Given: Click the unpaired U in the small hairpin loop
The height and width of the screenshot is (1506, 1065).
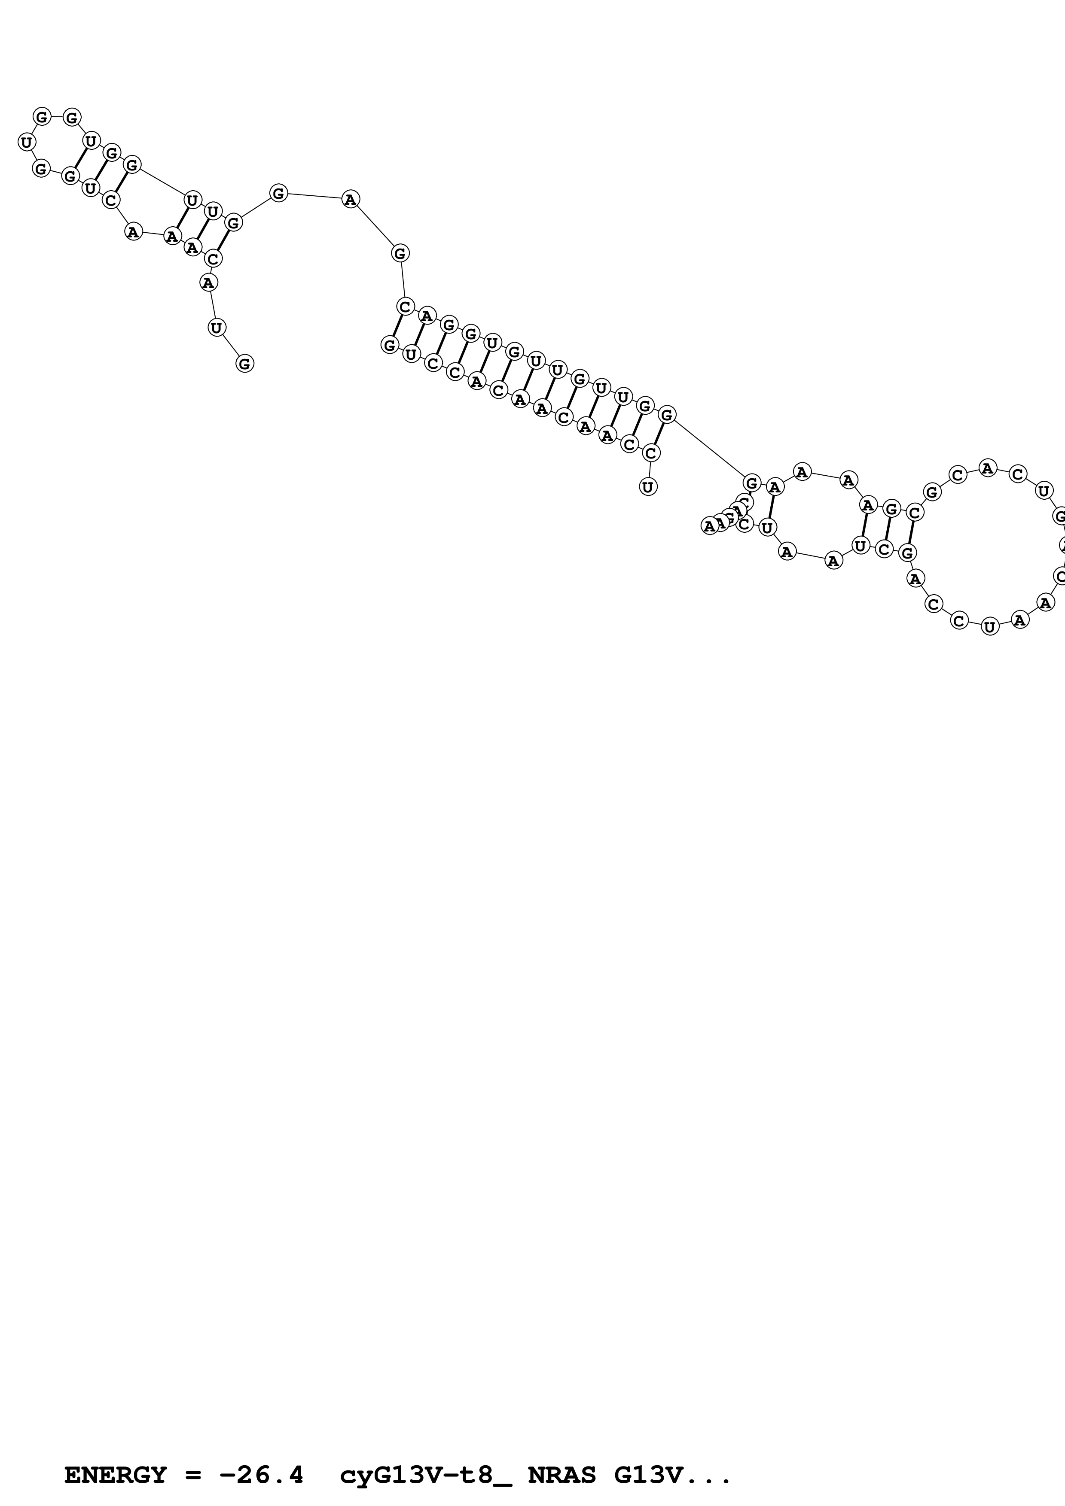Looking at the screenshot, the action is point(26,142).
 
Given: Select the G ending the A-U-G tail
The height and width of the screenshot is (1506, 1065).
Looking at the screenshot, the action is point(245,363).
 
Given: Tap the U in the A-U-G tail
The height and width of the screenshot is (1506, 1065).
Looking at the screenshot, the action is point(217,327).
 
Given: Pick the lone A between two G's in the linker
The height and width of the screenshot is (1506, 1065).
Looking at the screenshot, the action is point(351,199).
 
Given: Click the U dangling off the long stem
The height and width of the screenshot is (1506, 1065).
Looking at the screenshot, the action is point(648,487).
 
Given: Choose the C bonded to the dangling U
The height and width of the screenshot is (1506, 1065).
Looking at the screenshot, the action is point(651,452).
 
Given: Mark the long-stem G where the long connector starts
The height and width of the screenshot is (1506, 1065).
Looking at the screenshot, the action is point(667,415).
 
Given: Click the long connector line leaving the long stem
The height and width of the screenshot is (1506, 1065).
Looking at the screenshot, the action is point(709,448).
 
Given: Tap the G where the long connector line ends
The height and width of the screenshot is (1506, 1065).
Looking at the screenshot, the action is point(752,483).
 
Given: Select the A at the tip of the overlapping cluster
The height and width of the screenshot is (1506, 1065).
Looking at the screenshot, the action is point(709,526).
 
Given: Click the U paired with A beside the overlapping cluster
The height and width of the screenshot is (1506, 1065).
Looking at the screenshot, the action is point(768,527).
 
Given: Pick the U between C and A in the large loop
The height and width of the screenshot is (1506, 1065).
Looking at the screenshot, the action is point(989,627).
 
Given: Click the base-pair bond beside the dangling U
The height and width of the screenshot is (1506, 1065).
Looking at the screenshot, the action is point(659,434).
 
